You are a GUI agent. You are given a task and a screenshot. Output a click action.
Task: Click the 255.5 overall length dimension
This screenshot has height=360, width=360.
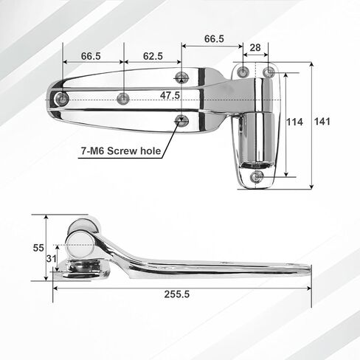click(x=177, y=294)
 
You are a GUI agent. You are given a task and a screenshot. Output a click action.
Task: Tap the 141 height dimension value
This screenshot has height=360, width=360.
click(x=322, y=122)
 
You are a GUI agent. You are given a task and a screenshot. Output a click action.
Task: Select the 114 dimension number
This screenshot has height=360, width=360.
click(x=294, y=122)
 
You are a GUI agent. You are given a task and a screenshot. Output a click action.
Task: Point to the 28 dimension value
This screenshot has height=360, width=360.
click(x=255, y=47)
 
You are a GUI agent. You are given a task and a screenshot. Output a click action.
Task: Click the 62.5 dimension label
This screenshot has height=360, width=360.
click(x=153, y=56)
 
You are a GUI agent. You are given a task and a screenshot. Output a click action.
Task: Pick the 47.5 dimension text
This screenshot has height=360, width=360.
click(x=170, y=95)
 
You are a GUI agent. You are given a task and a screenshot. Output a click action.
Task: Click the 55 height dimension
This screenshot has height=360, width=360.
click(x=38, y=248)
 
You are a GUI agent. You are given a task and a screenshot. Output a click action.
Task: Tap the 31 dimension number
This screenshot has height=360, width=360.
click(x=52, y=258)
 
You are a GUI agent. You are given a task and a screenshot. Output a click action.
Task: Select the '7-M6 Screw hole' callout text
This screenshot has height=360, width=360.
click(x=121, y=150)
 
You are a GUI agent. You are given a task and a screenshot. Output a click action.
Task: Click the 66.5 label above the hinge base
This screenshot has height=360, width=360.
click(x=214, y=38)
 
